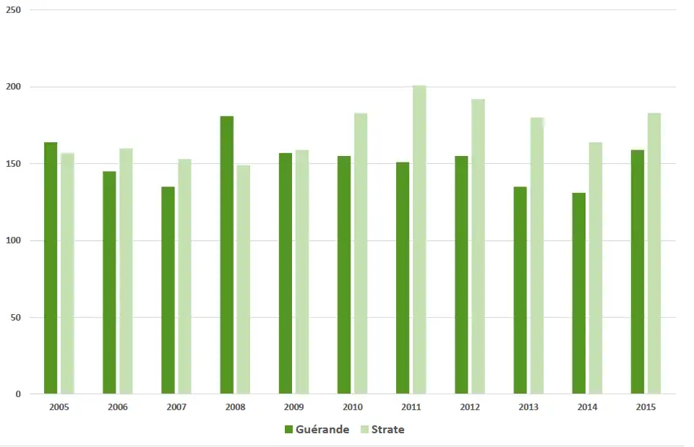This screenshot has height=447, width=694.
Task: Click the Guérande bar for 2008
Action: [x=226, y=255]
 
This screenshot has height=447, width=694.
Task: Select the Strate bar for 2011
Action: [x=419, y=240]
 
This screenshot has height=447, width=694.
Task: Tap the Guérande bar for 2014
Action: [x=578, y=293]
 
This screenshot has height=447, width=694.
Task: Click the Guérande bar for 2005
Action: [x=51, y=268]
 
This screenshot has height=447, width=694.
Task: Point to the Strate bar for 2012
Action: [x=478, y=246]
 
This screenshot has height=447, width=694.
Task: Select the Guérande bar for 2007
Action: [x=168, y=290]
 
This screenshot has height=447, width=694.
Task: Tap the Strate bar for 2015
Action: [x=654, y=253]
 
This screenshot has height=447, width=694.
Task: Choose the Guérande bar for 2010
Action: [x=343, y=275]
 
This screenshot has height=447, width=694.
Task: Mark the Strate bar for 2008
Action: [x=243, y=279]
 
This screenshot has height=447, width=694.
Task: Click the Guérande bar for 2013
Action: [x=520, y=290]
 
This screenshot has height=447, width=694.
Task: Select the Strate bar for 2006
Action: [x=126, y=272]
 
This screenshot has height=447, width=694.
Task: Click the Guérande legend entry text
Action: [x=322, y=430]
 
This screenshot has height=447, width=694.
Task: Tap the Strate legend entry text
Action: [x=387, y=430]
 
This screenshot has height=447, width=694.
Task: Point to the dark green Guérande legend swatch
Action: [x=288, y=430]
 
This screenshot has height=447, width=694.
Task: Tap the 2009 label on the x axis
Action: [x=294, y=407]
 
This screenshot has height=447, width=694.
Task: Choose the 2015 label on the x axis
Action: [x=646, y=407]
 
